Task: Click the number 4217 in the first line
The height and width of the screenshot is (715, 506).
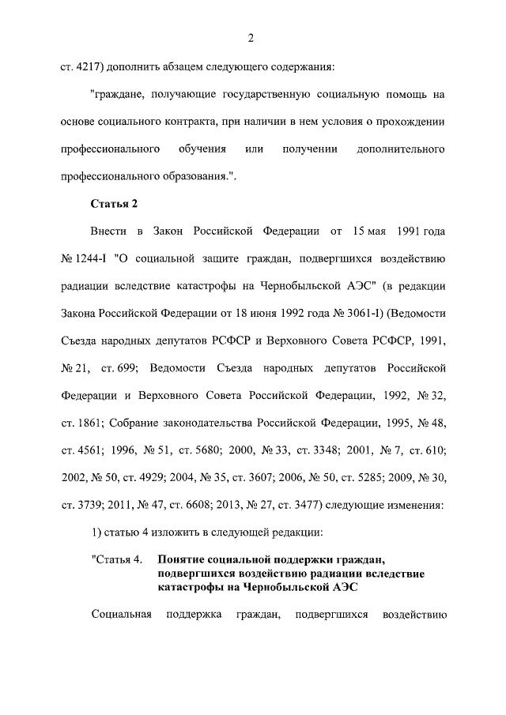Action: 88,67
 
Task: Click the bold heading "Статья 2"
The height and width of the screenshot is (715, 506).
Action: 115,204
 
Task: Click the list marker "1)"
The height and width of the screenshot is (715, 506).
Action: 97,532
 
